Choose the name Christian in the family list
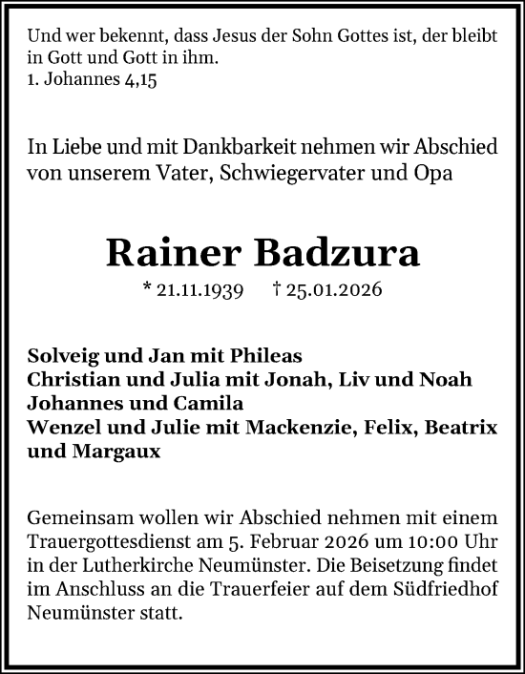[73, 379]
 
